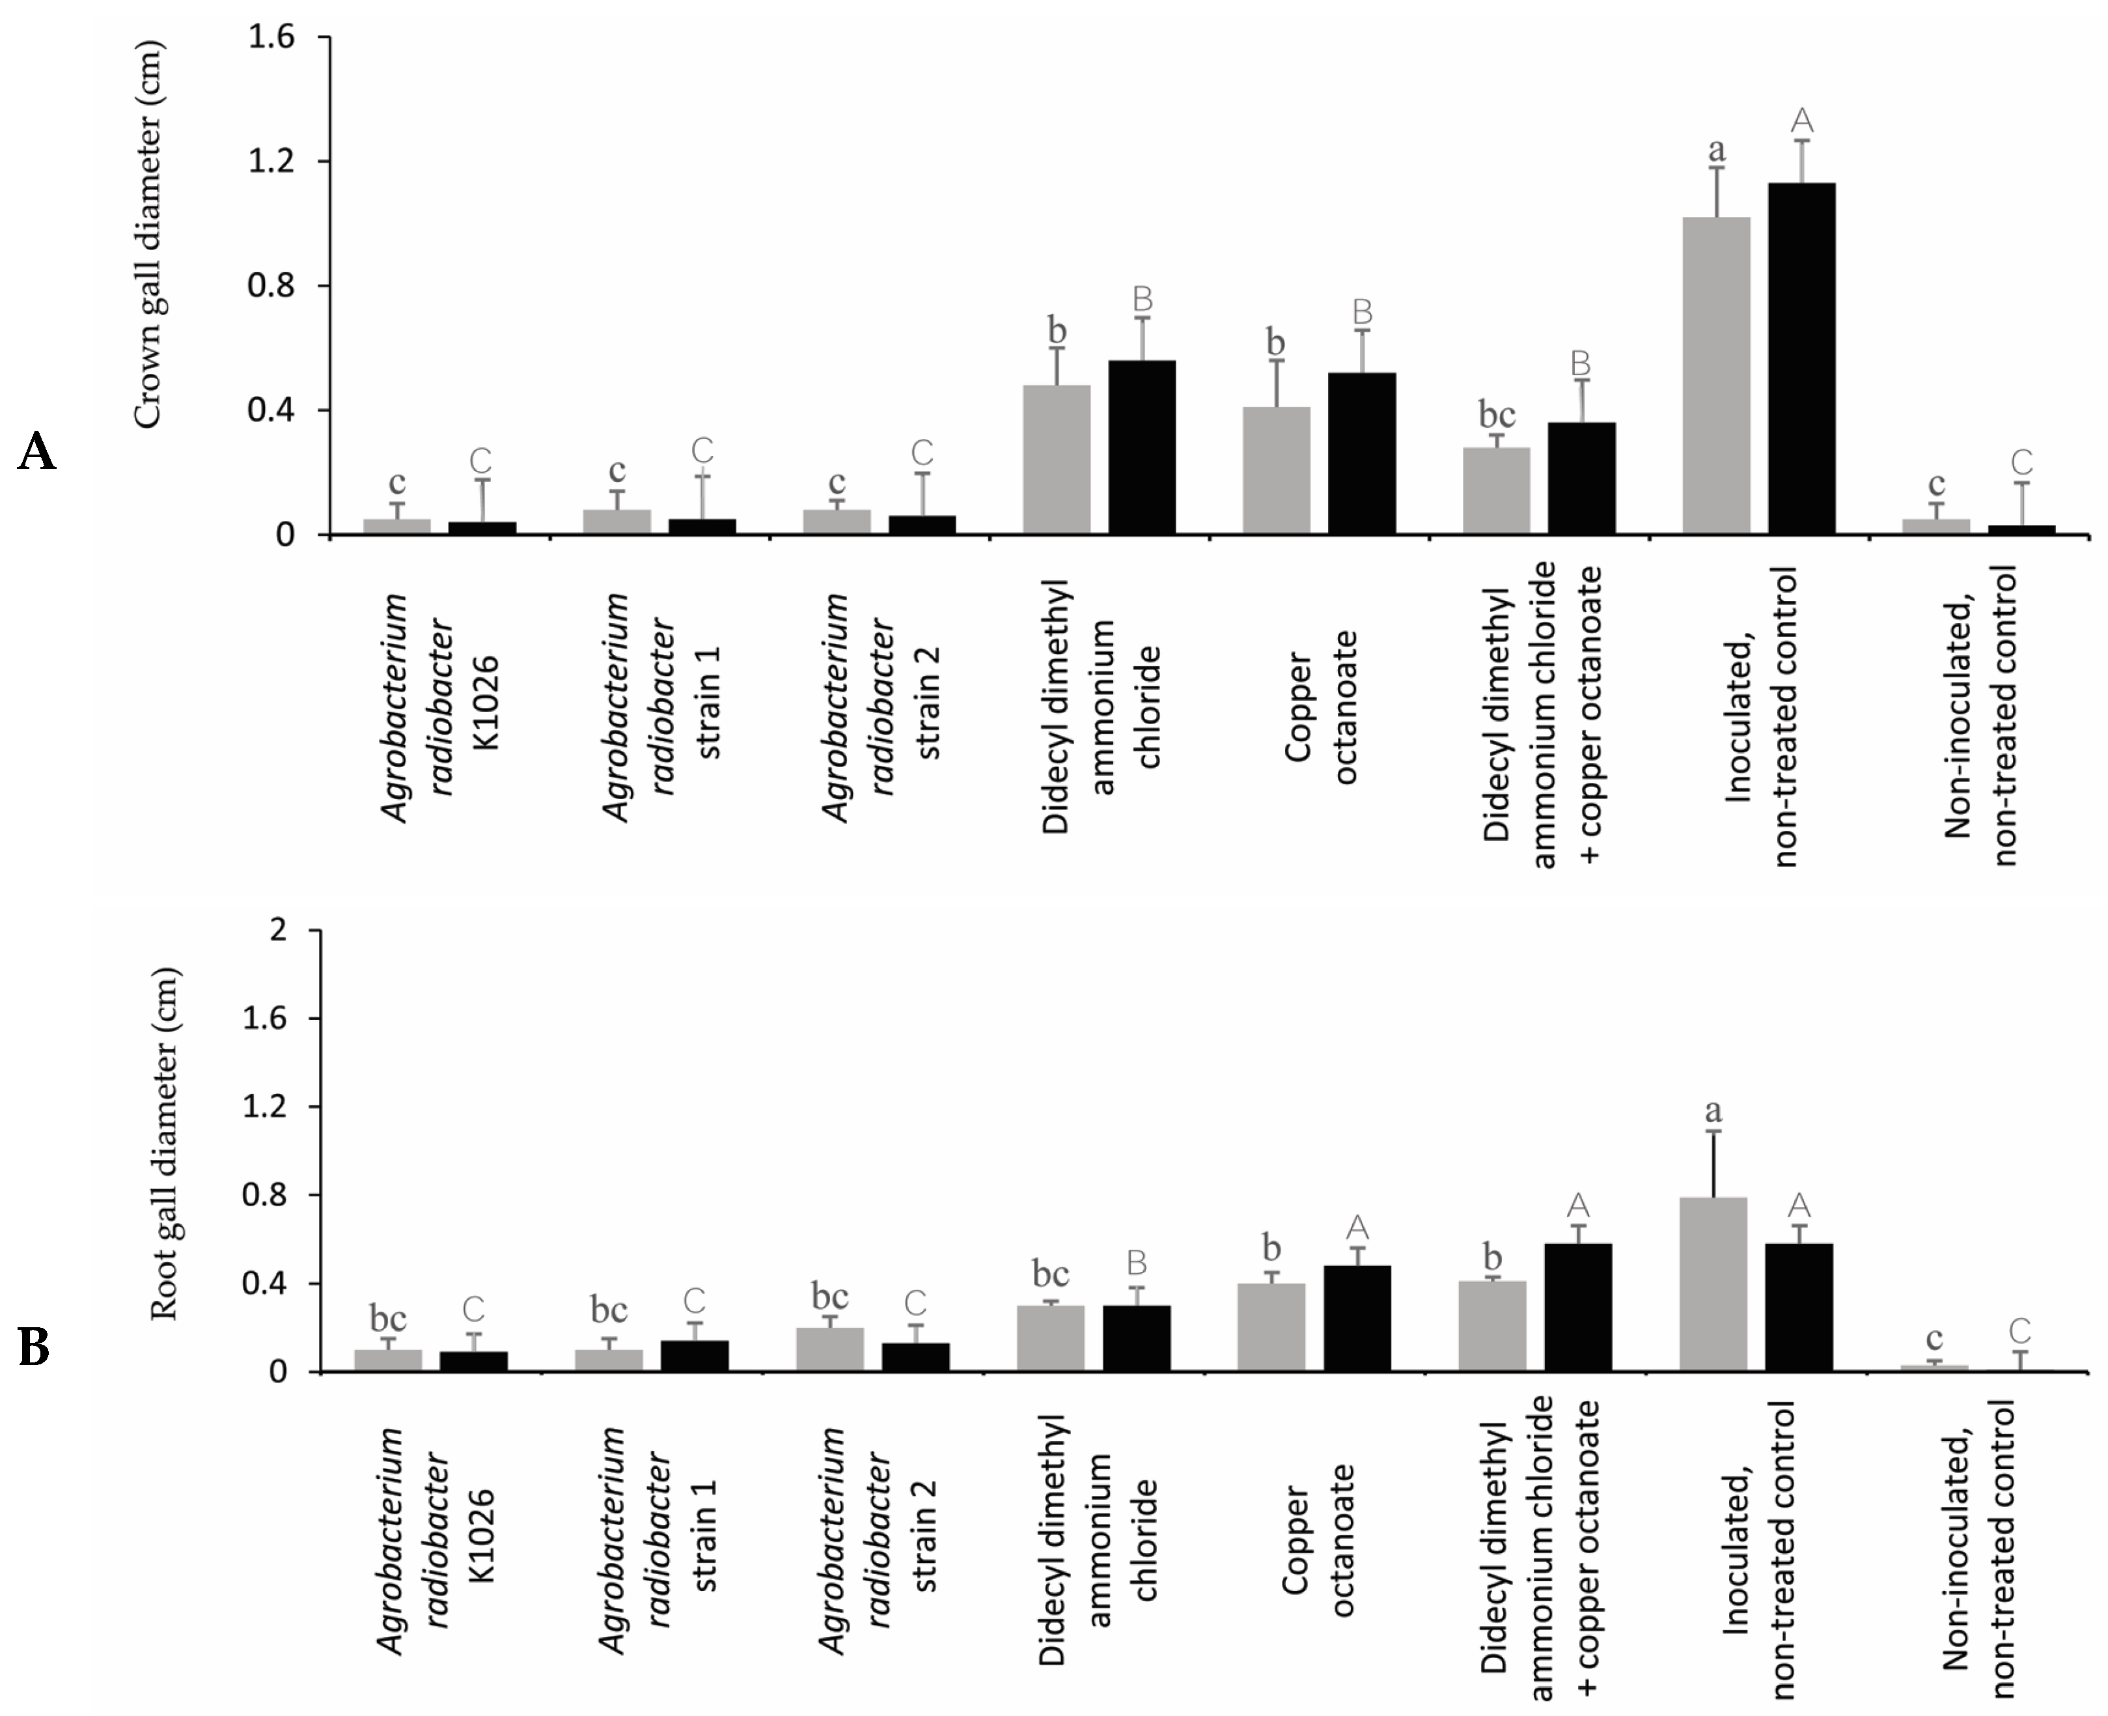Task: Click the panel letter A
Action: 36,453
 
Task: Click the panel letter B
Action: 35,1348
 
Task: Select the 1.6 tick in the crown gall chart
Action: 271,38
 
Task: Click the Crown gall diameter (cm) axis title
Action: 146,234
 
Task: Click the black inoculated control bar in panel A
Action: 1801,358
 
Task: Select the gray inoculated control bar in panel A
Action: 1715,376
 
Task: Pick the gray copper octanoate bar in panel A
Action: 1276,470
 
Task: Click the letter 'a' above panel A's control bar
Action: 1717,150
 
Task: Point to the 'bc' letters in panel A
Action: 1495,414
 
